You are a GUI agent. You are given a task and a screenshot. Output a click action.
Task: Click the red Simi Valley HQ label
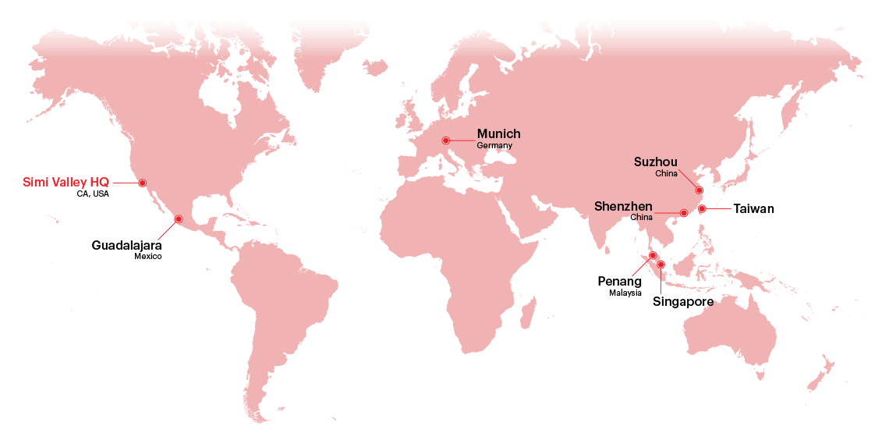[66, 183]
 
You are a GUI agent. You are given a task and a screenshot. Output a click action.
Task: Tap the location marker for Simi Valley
[143, 183]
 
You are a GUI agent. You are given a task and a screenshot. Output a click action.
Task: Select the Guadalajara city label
[126, 245]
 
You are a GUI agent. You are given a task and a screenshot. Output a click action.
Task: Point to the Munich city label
[498, 134]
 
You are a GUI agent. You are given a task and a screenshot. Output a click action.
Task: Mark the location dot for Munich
[445, 140]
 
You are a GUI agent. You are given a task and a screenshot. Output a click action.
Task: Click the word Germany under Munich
[494, 146]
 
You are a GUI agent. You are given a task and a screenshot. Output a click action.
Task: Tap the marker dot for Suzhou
[700, 190]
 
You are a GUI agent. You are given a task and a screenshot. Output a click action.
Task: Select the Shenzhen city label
[623, 207]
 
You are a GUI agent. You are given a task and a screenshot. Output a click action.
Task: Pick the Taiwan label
[753, 209]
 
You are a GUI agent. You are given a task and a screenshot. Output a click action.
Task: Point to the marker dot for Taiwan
[702, 208]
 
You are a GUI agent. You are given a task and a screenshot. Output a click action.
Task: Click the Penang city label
[619, 281]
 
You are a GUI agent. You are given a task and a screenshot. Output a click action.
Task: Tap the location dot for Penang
[653, 255]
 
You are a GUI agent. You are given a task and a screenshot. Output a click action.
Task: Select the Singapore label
[682, 300]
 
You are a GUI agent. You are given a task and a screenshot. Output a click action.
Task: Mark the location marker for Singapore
[661, 265]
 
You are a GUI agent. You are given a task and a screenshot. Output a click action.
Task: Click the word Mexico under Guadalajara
[147, 256]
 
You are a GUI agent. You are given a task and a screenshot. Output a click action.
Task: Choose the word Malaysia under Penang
[625, 293]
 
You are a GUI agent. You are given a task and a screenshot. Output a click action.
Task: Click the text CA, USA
[93, 194]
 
